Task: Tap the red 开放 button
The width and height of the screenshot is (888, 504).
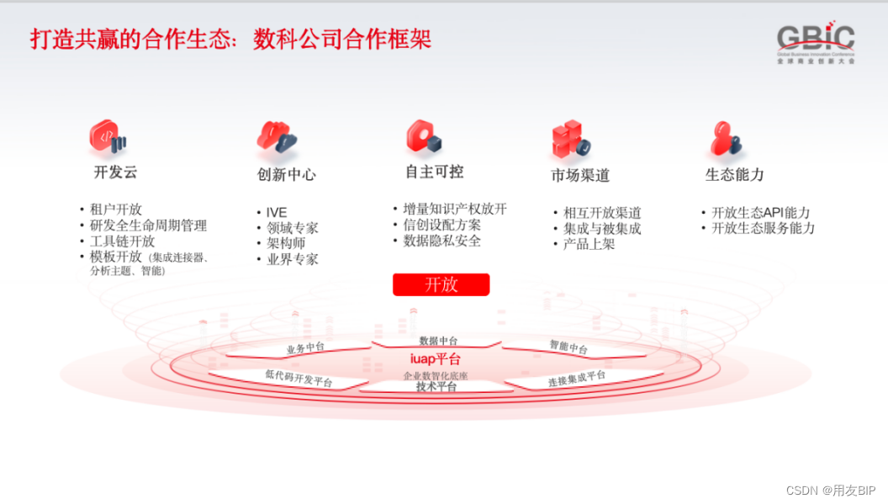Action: [x=441, y=284]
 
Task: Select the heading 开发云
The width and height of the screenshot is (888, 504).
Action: [x=115, y=172]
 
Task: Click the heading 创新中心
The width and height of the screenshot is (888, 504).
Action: [x=287, y=175]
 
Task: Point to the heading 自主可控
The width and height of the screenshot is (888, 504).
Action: [x=434, y=172]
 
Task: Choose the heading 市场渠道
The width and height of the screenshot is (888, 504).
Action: [x=580, y=175]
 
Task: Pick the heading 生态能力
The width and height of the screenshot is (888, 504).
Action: [x=734, y=175]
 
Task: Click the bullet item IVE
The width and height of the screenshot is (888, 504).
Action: [x=277, y=212]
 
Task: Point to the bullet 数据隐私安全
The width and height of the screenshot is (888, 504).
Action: [x=441, y=241]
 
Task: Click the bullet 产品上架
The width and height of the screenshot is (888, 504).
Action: [x=589, y=244]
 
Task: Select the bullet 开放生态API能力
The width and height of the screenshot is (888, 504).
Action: [x=760, y=212]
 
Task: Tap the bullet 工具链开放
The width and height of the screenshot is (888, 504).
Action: [x=122, y=241]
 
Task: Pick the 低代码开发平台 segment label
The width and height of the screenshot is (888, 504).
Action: [x=299, y=379]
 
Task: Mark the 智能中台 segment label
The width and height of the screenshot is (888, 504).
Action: [x=568, y=346]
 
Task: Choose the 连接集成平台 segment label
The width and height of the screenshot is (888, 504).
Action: [x=577, y=379]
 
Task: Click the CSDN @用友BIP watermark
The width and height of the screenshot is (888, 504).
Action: [x=831, y=490]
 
